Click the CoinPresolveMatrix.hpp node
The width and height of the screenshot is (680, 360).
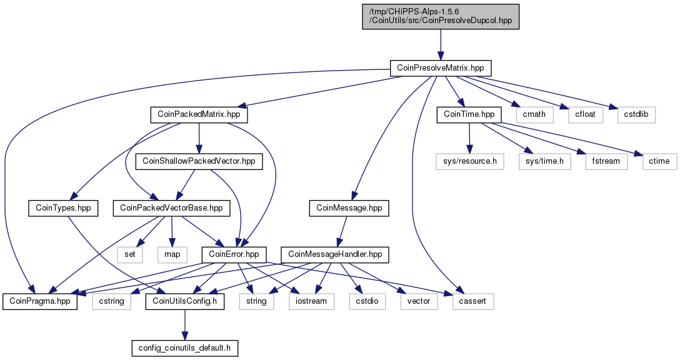[441, 68]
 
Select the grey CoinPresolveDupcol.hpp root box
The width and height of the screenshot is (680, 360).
[441, 17]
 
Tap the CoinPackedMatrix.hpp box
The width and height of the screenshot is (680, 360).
[199, 114]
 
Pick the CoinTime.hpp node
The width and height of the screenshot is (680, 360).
[469, 114]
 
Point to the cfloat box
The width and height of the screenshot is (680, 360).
[586, 114]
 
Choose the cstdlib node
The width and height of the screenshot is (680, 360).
[636, 114]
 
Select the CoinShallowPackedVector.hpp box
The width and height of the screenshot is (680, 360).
[199, 161]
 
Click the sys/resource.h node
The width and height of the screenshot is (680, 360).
[470, 161]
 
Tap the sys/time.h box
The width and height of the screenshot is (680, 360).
[545, 161]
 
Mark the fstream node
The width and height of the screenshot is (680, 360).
[606, 161]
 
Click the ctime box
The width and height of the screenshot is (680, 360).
[659, 161]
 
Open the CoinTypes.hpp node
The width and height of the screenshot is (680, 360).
[63, 208]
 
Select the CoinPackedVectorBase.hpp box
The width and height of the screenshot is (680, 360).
[171, 208]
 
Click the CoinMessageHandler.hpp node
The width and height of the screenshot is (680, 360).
[335, 254]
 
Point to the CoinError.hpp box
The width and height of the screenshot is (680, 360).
[234, 254]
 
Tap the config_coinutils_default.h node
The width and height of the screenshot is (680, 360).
[185, 348]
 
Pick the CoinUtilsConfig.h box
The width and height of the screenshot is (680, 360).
[185, 301]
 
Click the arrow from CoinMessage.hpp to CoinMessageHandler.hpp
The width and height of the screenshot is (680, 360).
[342, 231]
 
